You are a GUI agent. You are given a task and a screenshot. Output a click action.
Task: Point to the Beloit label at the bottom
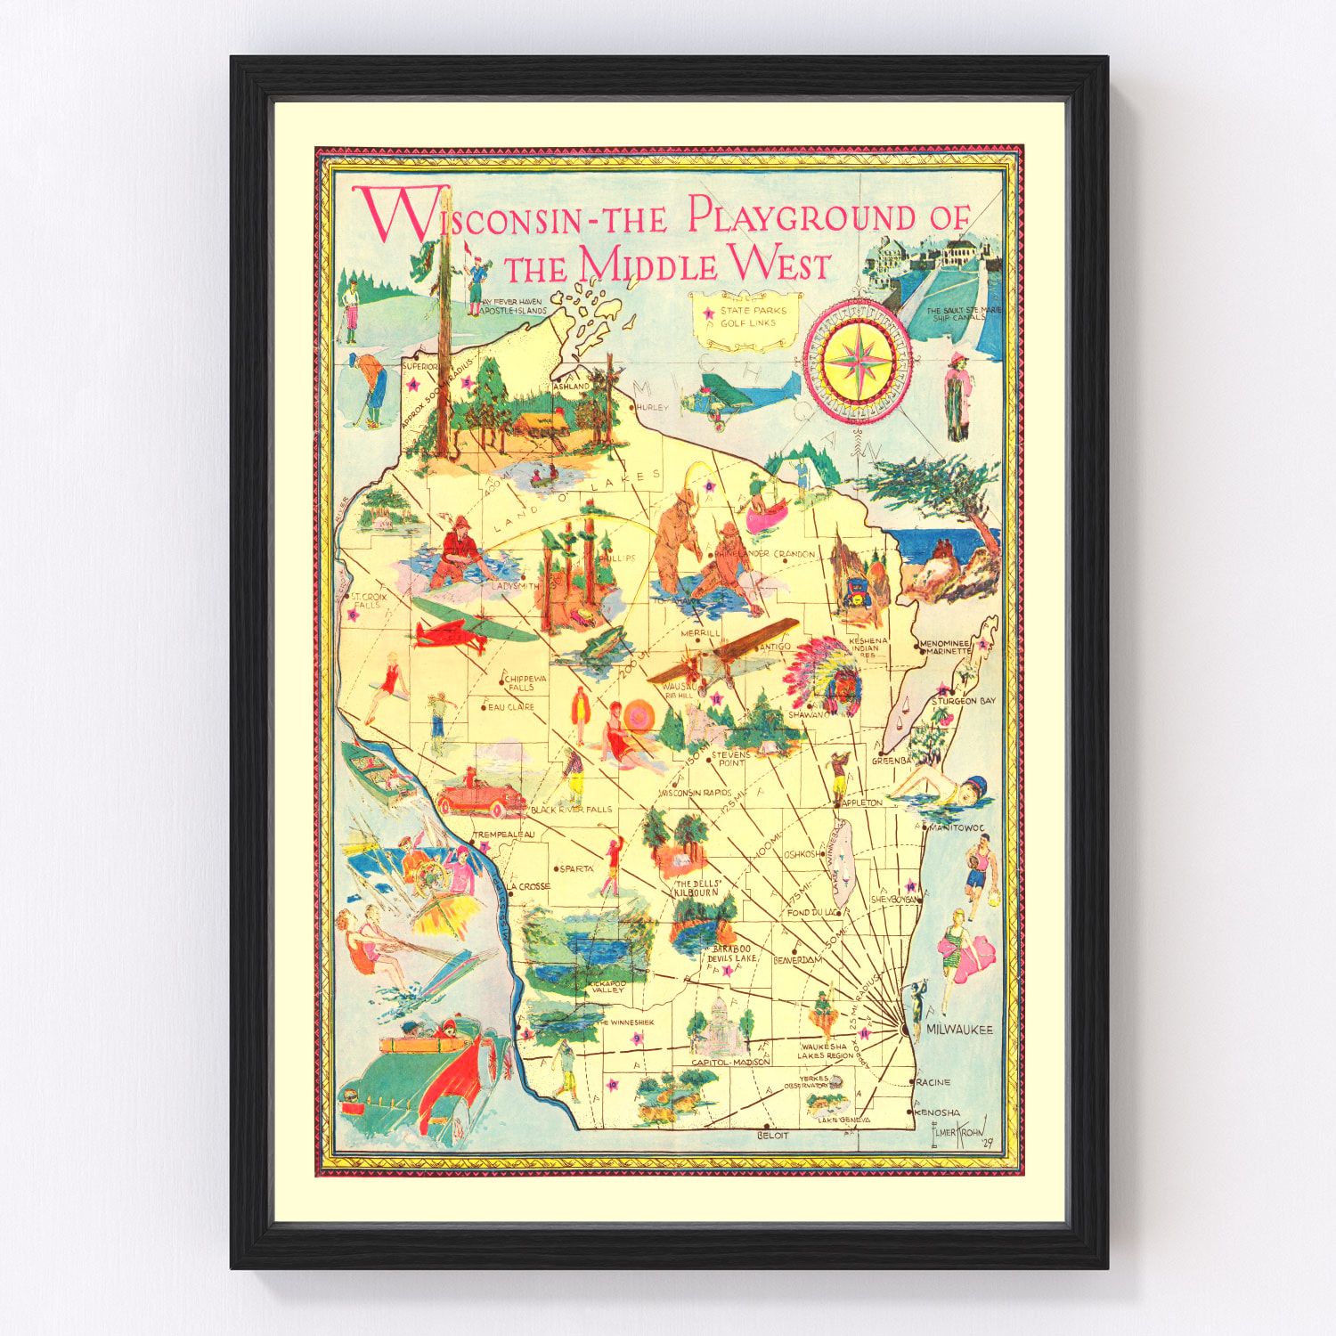click(x=772, y=1136)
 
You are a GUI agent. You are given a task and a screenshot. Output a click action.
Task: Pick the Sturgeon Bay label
click(x=963, y=701)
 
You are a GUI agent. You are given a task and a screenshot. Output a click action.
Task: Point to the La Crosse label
click(x=529, y=886)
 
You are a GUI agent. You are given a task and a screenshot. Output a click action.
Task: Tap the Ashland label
click(x=571, y=387)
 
